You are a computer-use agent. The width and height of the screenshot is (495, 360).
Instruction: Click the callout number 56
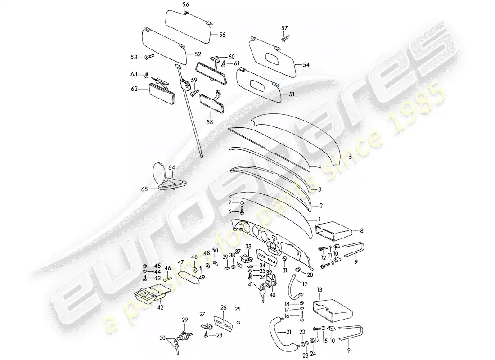185,4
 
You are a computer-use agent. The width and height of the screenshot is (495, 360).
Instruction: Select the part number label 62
134,89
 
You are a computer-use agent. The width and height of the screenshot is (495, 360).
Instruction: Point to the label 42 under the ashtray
160,307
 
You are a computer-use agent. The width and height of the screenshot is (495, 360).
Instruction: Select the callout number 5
350,157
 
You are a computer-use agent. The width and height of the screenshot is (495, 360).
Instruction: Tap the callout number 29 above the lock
184,320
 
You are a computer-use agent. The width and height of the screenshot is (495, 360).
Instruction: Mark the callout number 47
181,262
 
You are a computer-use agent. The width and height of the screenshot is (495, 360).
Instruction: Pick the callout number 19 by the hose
305,284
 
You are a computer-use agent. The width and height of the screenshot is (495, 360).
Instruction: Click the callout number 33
248,247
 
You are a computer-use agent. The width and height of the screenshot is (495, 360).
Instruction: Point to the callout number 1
319,219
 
